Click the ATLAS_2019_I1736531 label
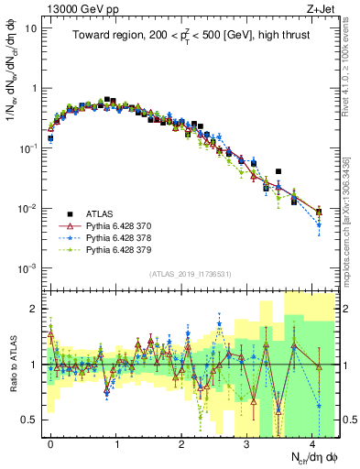(191, 273)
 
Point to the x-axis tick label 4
(311, 442)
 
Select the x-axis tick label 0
(50, 442)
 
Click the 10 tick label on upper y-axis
(30, 28)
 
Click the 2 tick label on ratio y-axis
(34, 309)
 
